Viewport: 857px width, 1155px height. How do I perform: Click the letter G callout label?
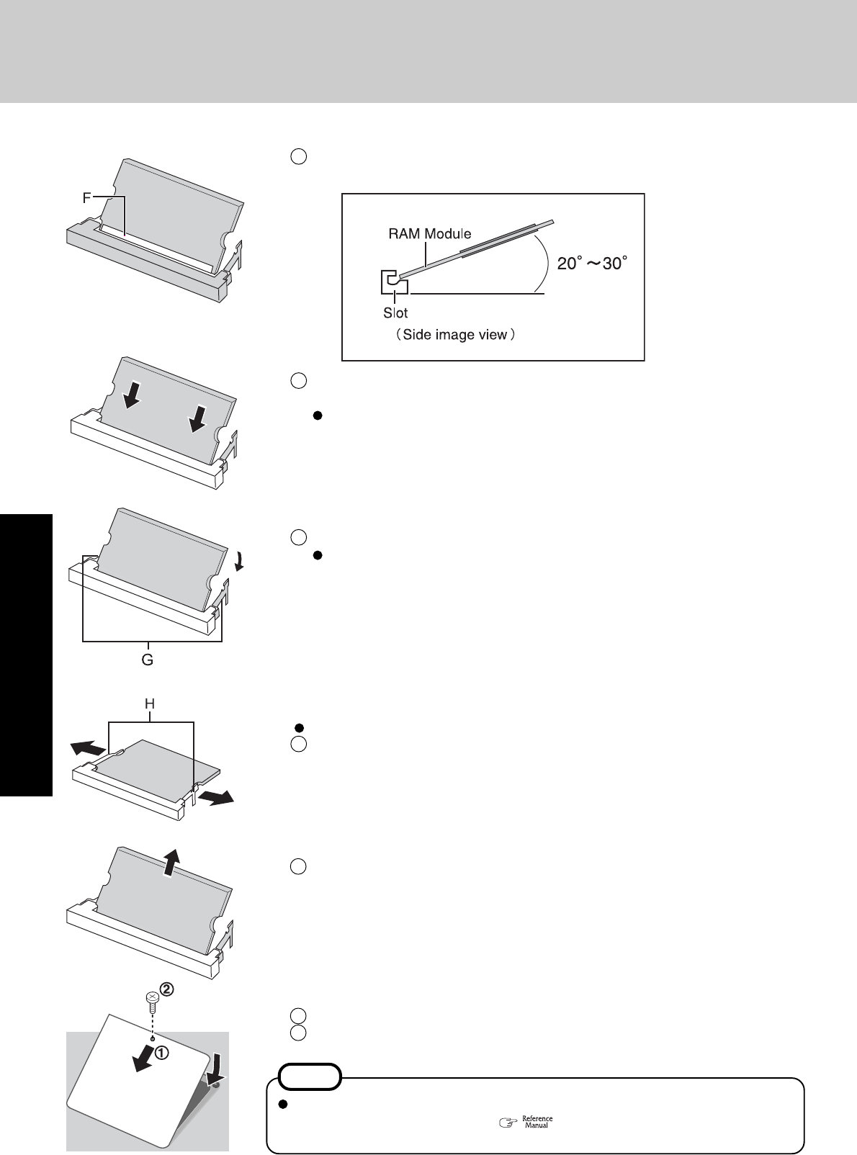(147, 659)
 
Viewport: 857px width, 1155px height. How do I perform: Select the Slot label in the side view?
(395, 313)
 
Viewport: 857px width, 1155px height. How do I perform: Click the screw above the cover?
(152, 999)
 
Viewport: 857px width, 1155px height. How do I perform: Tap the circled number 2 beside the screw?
(166, 990)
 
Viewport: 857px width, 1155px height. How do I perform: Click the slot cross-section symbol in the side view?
(392, 282)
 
